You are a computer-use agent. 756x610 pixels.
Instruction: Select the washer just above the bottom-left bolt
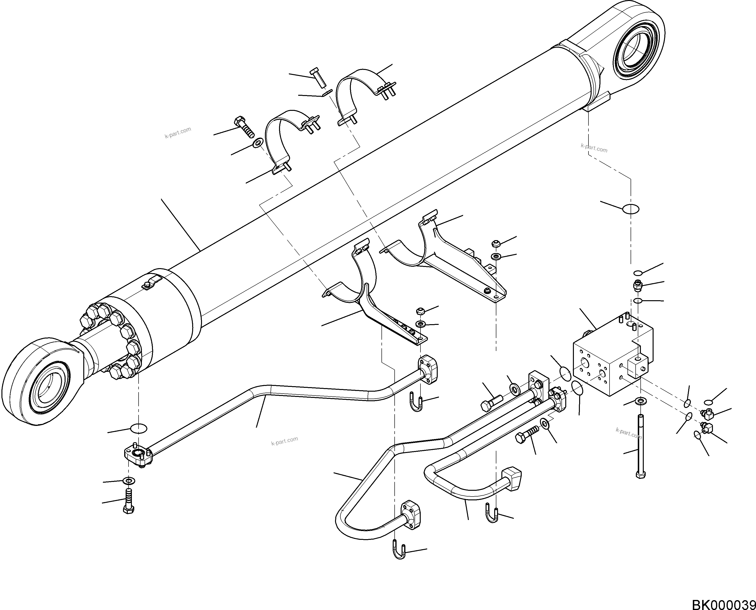coord(129,480)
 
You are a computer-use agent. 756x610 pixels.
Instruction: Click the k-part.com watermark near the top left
coord(178,132)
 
